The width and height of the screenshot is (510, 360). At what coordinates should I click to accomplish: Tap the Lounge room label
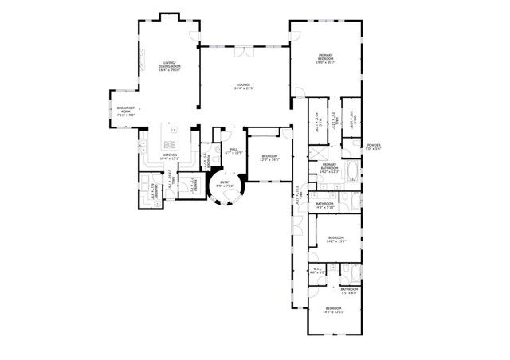244,86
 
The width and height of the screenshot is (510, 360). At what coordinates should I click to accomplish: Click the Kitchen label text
170,157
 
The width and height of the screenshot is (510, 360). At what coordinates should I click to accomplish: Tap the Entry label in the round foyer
223,185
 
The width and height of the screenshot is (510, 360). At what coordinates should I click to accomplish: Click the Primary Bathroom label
330,167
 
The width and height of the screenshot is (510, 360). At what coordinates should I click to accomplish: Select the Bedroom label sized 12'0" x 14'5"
269,158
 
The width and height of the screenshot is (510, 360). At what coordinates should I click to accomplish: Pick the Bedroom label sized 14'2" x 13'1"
336,238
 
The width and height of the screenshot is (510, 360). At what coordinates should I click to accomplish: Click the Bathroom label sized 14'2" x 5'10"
324,205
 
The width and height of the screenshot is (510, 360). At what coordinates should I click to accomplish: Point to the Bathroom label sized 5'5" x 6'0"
349,291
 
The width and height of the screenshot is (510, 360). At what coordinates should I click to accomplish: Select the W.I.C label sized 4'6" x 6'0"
317,271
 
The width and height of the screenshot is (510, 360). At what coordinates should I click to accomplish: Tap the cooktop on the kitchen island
170,144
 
